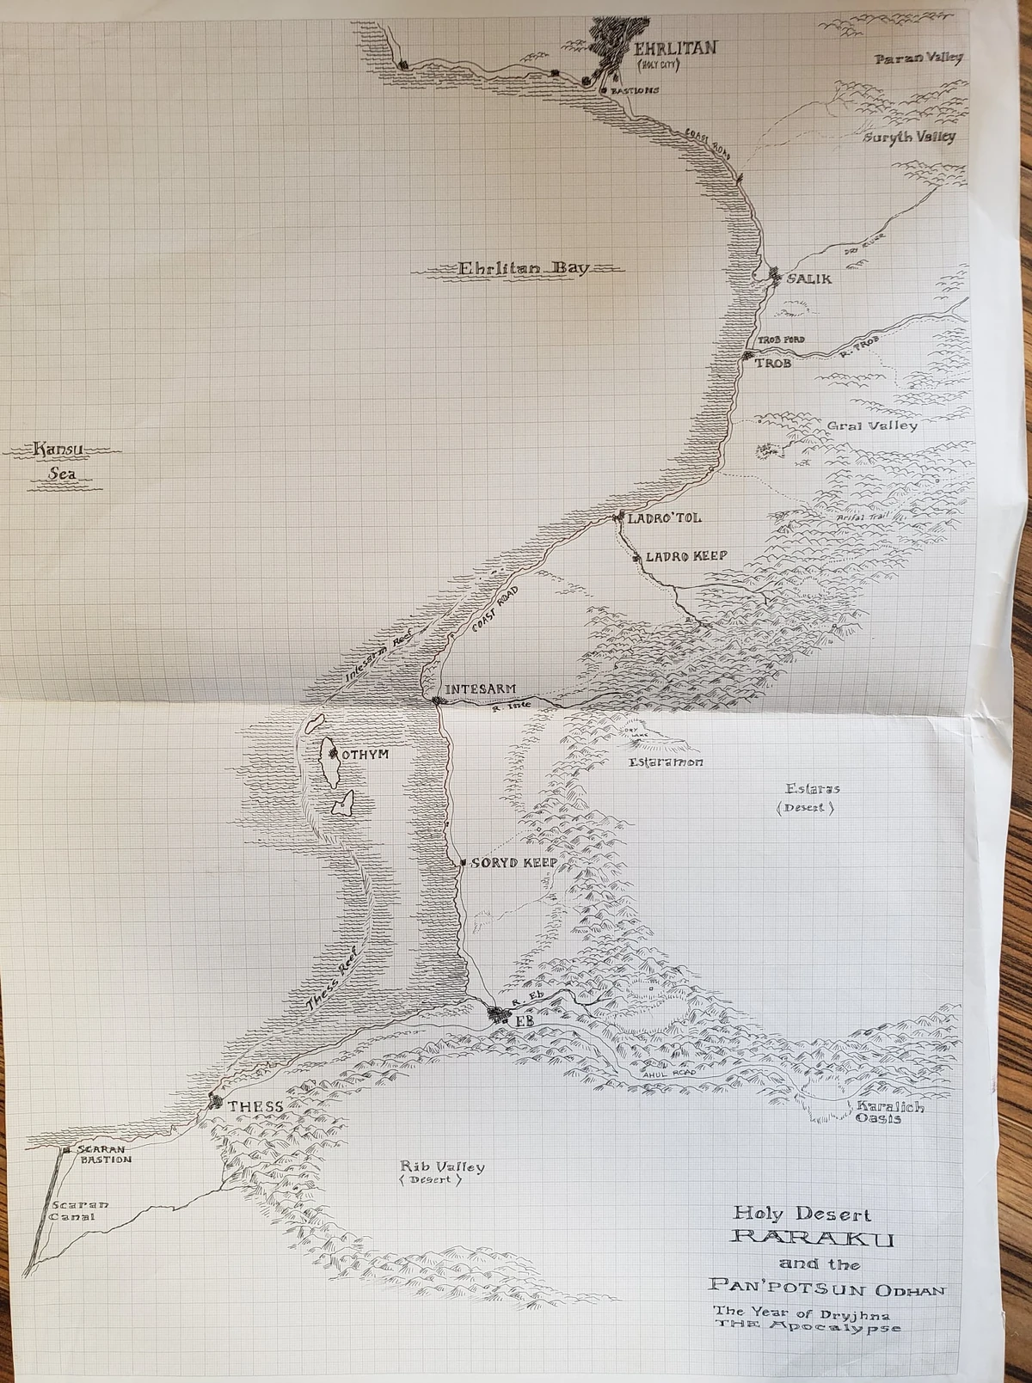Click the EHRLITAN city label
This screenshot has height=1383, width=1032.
coord(674,48)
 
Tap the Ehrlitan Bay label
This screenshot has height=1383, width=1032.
coord(523,268)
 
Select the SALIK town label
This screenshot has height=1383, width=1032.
coord(808,279)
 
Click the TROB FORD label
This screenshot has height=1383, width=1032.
coord(780,340)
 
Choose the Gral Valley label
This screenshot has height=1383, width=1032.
coord(871,425)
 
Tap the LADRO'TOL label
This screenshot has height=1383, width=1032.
coord(664,518)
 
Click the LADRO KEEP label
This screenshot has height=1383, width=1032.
coord(685,556)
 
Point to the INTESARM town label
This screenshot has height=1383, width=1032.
coord(480,689)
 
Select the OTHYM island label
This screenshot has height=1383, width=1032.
coord(365,755)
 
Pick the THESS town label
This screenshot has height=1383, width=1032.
coord(255,1106)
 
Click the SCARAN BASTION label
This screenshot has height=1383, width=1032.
coord(105,1154)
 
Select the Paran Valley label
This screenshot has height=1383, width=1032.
coord(918,58)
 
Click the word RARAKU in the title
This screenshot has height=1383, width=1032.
coord(812,1239)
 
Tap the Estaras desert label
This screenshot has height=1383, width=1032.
coord(811,789)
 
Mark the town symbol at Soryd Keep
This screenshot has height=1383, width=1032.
coord(464,862)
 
